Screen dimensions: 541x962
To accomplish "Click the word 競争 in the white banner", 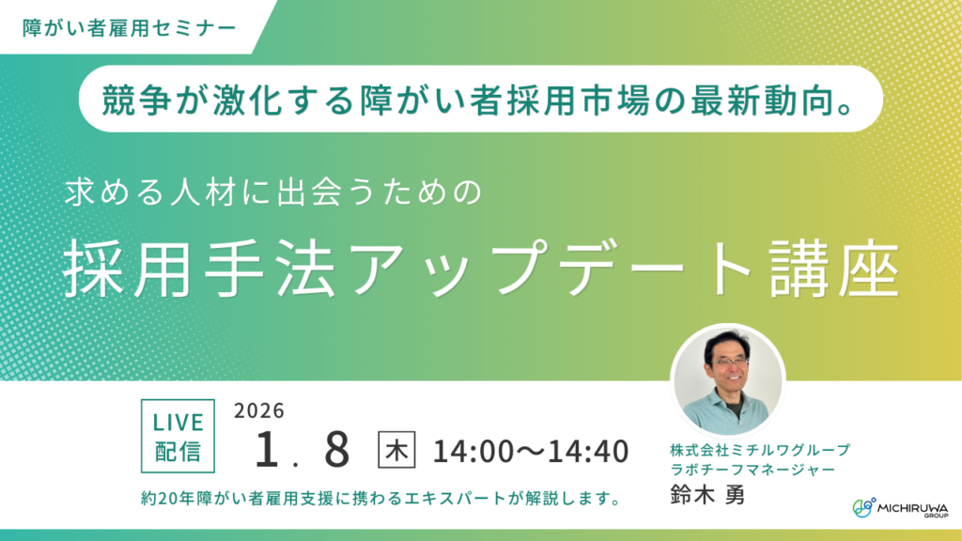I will pos(132,97).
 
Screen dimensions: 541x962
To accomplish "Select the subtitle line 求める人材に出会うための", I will pos(272,194).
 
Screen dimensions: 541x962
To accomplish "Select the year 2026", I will pos(259,411).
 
